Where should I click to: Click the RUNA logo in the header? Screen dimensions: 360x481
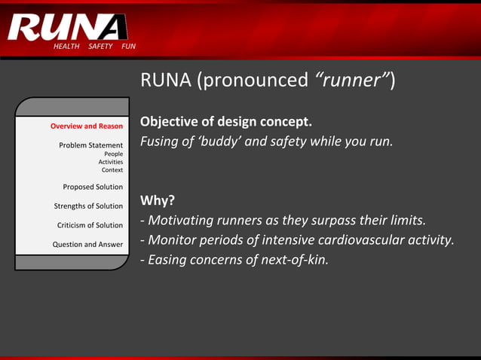click(x=68, y=26)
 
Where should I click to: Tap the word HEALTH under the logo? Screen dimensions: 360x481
click(x=66, y=47)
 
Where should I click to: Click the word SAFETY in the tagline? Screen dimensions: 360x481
click(x=100, y=47)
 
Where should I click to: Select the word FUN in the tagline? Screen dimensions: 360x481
click(x=129, y=47)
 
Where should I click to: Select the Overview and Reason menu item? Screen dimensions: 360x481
click(x=87, y=126)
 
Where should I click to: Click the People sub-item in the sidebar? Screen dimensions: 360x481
click(x=113, y=154)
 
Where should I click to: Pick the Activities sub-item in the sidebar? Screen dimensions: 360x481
click(x=110, y=162)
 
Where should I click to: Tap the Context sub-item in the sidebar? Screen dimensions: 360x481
click(x=112, y=170)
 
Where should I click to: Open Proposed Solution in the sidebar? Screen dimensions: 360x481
click(x=93, y=187)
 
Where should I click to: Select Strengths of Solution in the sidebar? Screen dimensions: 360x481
click(x=88, y=206)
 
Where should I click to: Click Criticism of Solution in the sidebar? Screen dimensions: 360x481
click(x=90, y=225)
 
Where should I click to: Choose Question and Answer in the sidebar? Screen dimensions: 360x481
click(x=87, y=244)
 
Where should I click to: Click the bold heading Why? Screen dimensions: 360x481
click(x=158, y=200)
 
